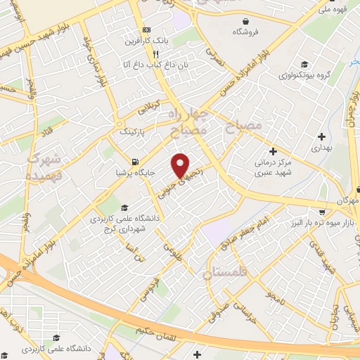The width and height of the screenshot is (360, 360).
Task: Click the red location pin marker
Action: (x=181, y=165)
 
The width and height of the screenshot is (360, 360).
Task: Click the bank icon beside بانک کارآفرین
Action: (x=146, y=30)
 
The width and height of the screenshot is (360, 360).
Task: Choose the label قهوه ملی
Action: (x=333, y=10)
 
